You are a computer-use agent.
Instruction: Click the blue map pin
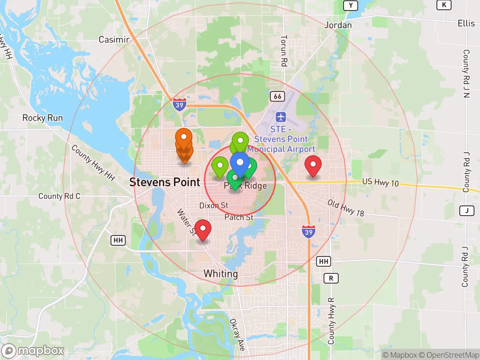[x=240, y=163]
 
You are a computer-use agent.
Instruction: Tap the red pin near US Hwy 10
[x=313, y=165]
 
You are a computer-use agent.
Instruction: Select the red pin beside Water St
[x=203, y=228]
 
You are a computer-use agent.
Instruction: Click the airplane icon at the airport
[x=280, y=117]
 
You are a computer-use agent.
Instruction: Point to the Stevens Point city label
[x=165, y=182]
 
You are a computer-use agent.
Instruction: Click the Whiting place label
[x=220, y=274]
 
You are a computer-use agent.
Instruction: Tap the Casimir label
[x=114, y=39]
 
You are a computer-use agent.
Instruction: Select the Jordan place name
[x=338, y=25]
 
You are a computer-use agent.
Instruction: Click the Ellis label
[x=466, y=23]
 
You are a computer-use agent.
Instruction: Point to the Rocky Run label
[x=42, y=118]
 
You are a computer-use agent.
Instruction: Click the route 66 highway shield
[x=277, y=96]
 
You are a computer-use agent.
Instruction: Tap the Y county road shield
[x=351, y=5]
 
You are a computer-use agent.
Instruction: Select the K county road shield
[x=444, y=5]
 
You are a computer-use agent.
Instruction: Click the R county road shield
[x=331, y=278]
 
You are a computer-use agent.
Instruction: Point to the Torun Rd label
[x=284, y=51]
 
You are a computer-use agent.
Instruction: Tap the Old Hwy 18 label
[x=346, y=208]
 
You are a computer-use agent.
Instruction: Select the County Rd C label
[x=59, y=196]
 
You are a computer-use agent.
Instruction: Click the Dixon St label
[x=213, y=205]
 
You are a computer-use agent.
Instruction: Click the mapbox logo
[x=33, y=351]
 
